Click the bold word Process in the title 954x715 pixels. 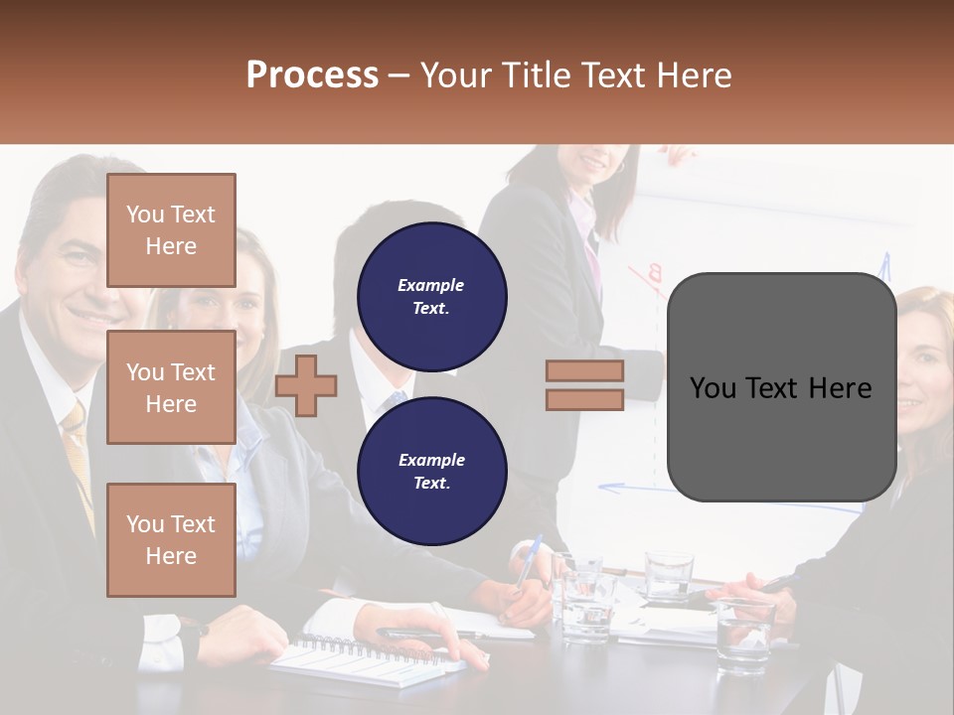coord(312,75)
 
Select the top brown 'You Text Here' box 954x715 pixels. coord(171,230)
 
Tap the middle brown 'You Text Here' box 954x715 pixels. coord(171,387)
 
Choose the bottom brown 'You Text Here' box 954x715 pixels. coord(171,539)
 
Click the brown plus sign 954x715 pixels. coord(306,385)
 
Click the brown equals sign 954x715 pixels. coord(584,385)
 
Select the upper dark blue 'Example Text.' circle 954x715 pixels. coord(431,296)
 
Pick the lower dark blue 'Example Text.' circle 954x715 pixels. coord(431,471)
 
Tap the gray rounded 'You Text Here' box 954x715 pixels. coord(781,387)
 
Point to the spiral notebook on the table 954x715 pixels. coord(358,660)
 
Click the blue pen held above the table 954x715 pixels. coord(528,560)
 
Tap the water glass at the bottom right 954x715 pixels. coord(744,637)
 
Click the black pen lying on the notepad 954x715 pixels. coord(417,633)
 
